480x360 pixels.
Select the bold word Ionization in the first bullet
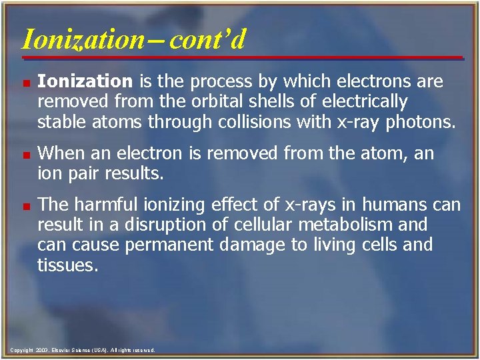tap(85, 82)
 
